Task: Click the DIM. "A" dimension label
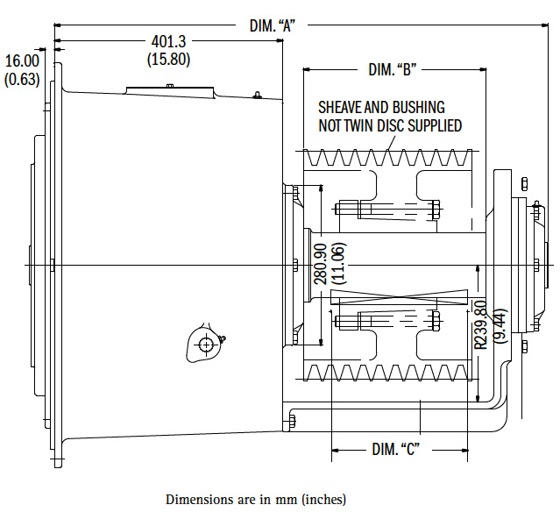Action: coord(273,26)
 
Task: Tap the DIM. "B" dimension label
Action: coord(393,68)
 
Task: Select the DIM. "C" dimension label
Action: coord(396,450)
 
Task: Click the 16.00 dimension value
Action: coord(22,60)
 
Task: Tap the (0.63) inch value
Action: coord(22,79)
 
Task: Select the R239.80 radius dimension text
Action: coord(480,324)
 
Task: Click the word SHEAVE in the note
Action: coord(338,108)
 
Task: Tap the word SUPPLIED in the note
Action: coord(433,125)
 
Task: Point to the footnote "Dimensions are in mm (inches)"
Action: coord(255,499)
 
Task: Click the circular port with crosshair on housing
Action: coord(206,345)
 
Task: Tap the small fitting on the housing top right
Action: coord(256,96)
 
